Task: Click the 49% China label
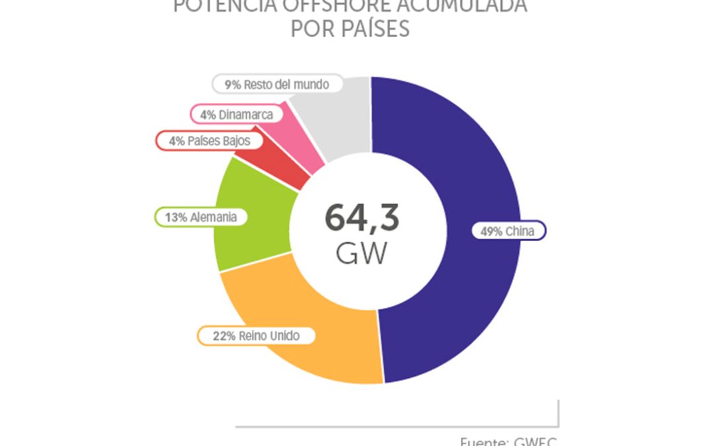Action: pyautogui.click(x=508, y=231)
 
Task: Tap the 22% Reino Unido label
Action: pyautogui.click(x=256, y=336)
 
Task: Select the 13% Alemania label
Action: pyautogui.click(x=201, y=217)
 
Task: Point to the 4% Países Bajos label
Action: pyautogui.click(x=204, y=141)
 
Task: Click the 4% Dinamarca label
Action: pyautogui.click(x=236, y=114)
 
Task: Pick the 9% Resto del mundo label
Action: pyautogui.click(x=277, y=85)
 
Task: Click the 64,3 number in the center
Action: pyautogui.click(x=362, y=219)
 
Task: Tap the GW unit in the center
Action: pyautogui.click(x=361, y=254)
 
